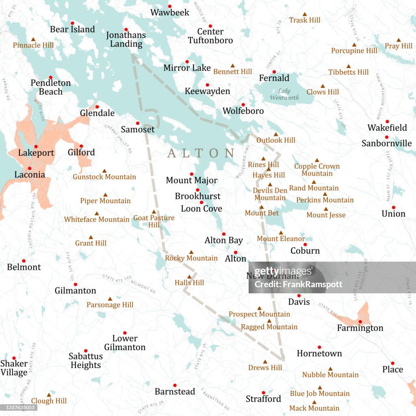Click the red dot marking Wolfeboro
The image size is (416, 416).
(243, 104)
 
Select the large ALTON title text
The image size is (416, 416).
(201, 153)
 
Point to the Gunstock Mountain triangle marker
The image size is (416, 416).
(104, 171)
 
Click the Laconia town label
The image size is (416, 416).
(30, 175)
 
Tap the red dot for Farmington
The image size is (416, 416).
(360, 322)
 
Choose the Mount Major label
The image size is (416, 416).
(191, 180)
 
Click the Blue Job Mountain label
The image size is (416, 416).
(320, 393)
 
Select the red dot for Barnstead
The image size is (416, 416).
(175, 385)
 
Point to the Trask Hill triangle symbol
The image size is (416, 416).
(304, 14)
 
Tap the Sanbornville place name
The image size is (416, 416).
(386, 143)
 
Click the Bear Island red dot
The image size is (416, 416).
(72, 23)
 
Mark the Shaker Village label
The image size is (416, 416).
(14, 368)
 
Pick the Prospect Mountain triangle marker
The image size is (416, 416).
(259, 308)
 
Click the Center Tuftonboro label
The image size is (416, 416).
(210, 36)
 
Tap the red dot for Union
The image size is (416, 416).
(393, 207)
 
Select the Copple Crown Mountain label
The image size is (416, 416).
(317, 170)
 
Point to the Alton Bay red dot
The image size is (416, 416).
(223, 234)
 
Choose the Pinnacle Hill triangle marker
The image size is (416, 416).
(33, 39)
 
